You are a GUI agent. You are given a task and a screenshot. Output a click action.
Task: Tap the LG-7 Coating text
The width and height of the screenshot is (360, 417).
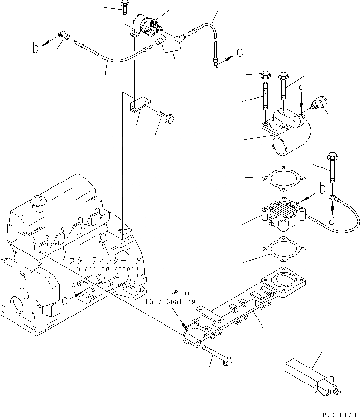point(170,301)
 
